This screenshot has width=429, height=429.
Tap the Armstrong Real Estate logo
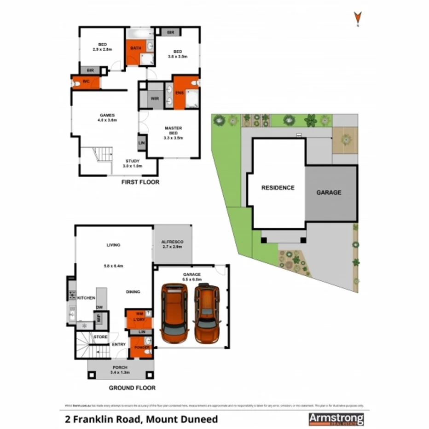336,419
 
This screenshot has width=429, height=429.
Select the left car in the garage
174,313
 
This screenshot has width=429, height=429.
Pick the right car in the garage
207,313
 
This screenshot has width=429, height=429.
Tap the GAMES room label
107,117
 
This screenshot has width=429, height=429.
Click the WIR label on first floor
155,99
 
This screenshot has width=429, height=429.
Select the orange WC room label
86,82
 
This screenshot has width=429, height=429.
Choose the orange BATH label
135,48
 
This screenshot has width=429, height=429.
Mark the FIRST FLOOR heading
140,182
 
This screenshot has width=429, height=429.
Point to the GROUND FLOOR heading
132,388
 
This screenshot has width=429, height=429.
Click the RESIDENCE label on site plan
278,188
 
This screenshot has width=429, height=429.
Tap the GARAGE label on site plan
329,192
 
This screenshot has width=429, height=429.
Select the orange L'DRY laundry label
139,319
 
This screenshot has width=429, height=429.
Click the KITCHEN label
86,298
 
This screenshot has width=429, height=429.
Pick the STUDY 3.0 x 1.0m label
133,163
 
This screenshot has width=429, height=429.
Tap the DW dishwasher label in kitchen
99,307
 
